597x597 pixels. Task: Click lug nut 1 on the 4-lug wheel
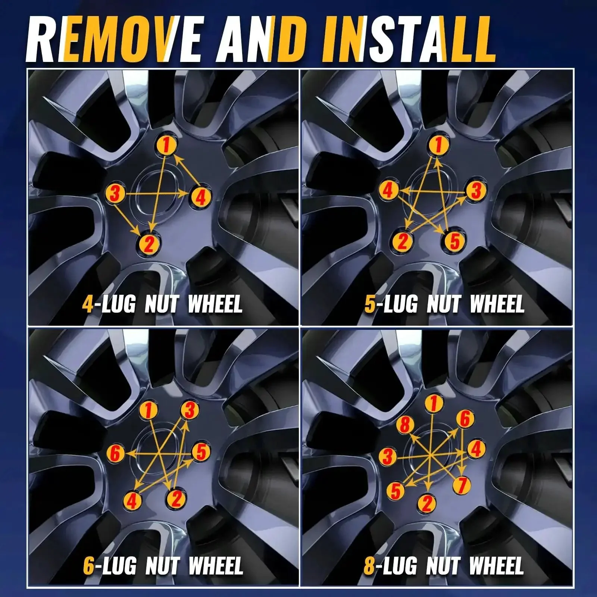(x=166, y=145)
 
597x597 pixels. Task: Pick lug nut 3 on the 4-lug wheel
(x=115, y=193)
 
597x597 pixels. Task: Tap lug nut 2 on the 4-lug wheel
(x=148, y=245)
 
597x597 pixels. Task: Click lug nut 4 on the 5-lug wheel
(x=388, y=191)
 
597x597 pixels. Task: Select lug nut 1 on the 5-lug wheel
(x=438, y=145)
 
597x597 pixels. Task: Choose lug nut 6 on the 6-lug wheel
(x=115, y=454)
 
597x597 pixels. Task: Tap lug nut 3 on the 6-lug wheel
(x=190, y=411)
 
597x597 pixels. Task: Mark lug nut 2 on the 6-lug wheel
(x=176, y=498)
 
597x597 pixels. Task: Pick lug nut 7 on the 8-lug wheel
(x=462, y=485)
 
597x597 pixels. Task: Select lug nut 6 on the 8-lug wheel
(x=465, y=419)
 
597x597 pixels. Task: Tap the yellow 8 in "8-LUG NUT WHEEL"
(x=369, y=566)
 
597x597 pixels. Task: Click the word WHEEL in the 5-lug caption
(x=497, y=304)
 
